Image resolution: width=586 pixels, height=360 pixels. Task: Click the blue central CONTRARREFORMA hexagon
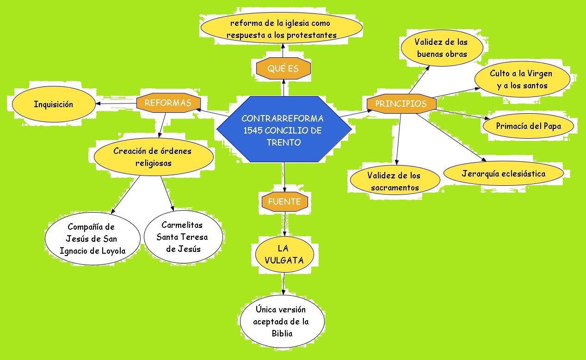click(283, 130)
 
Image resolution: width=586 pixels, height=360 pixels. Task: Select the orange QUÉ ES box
click(283, 68)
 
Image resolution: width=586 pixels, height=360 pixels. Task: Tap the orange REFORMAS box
click(168, 103)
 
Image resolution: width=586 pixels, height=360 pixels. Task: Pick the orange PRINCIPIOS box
click(401, 104)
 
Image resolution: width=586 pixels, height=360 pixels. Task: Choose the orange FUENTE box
click(284, 201)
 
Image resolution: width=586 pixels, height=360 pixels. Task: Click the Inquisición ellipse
click(53, 104)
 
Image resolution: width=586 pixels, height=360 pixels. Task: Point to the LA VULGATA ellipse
click(284, 254)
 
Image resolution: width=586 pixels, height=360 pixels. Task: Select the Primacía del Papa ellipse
click(528, 126)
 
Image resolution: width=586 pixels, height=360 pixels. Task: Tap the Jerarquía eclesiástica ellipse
click(503, 174)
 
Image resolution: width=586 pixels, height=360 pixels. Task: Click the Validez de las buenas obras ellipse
click(442, 48)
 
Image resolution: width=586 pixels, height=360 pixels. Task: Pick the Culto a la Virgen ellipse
click(521, 79)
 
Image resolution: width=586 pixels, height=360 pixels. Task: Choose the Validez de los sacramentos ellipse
click(395, 181)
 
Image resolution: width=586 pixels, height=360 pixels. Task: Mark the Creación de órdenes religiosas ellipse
click(153, 157)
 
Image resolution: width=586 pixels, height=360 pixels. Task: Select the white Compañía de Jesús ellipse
click(92, 238)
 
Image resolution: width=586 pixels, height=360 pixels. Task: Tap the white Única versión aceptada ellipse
click(282, 321)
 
